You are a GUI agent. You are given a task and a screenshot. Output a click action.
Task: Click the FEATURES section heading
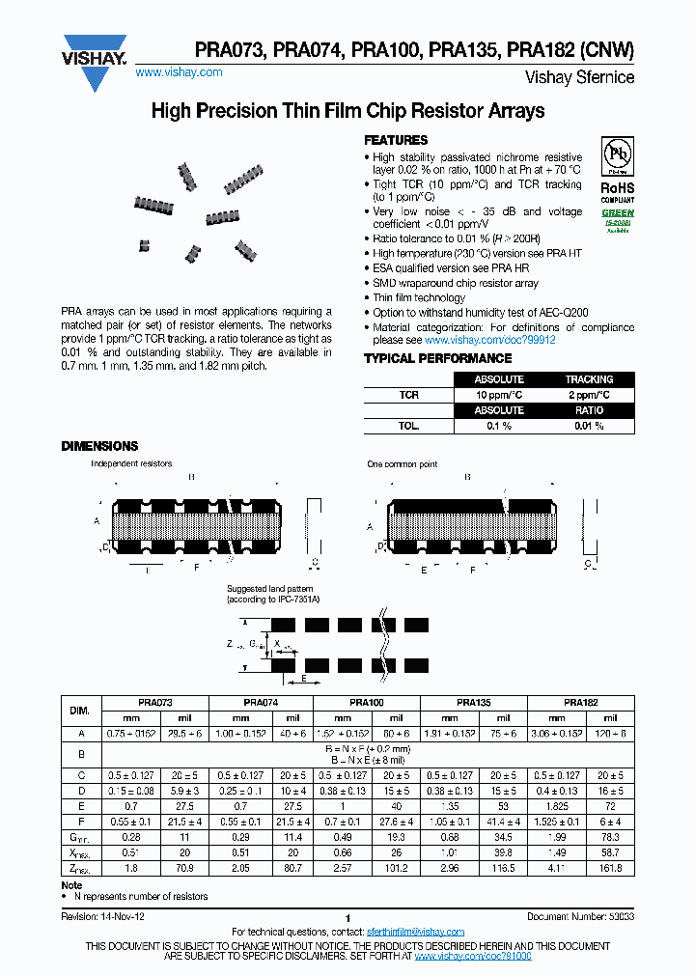click(x=395, y=140)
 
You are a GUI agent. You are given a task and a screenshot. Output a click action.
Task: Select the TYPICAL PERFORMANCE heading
click(x=424, y=358)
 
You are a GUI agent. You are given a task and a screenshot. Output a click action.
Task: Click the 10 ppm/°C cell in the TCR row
click(x=499, y=395)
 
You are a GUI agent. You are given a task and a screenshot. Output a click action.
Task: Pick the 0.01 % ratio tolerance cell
click(x=589, y=426)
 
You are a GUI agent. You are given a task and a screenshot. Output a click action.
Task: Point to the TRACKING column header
click(x=589, y=379)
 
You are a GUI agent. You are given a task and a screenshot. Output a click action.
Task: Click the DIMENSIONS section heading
click(x=99, y=446)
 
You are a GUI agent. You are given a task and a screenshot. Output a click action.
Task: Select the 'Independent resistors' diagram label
click(x=131, y=464)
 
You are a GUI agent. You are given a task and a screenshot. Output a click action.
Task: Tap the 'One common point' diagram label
click(x=402, y=464)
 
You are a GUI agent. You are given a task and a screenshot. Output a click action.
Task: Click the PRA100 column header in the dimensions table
click(x=368, y=704)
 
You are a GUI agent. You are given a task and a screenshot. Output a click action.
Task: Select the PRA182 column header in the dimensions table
click(x=582, y=704)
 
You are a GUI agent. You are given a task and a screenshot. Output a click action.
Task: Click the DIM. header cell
click(x=80, y=711)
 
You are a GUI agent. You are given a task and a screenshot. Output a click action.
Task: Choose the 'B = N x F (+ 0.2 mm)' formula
click(x=368, y=749)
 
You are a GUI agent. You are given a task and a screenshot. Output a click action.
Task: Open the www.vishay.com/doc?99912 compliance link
click(x=489, y=340)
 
